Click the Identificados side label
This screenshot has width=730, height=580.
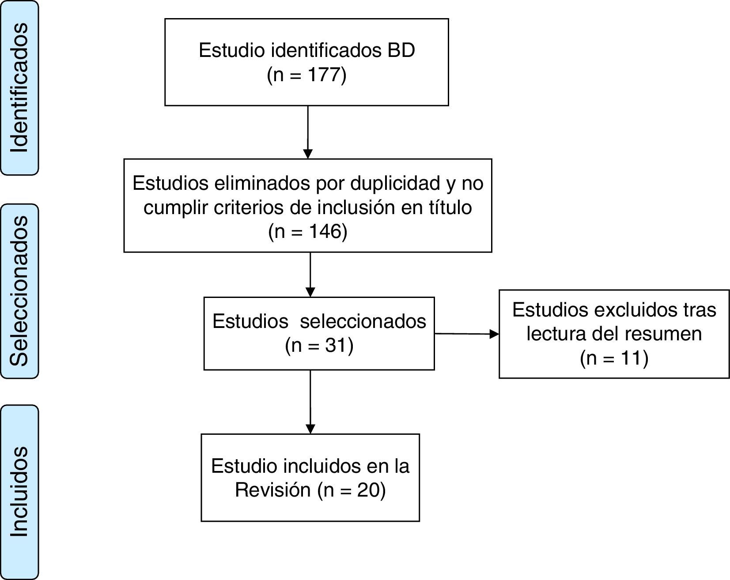point(19,87)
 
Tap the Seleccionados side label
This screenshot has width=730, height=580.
point(19,291)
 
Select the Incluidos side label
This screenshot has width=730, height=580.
point(19,492)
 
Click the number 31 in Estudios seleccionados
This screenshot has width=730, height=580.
point(335,345)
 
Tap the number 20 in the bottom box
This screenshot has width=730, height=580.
point(367,490)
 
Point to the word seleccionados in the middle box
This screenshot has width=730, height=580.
point(363,321)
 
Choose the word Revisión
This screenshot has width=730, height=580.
point(273,490)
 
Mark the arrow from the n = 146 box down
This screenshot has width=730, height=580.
point(310,274)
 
